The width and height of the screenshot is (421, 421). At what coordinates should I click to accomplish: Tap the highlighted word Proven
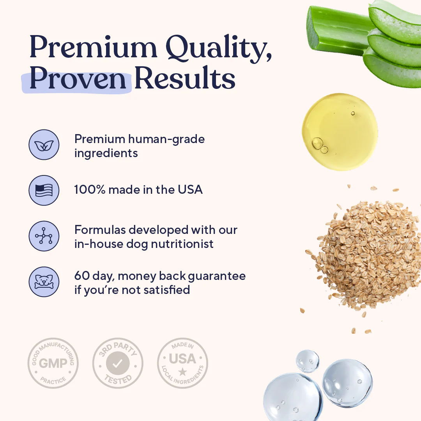78,80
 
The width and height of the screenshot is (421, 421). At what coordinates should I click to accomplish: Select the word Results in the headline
185,80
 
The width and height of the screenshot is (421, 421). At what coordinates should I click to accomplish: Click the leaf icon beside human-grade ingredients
44,145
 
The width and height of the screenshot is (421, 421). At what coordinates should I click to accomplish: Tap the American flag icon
44,191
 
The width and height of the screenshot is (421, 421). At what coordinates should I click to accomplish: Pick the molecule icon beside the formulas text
44,236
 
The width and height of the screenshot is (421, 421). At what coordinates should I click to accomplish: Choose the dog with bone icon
44,281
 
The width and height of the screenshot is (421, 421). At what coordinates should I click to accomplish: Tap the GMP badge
53,363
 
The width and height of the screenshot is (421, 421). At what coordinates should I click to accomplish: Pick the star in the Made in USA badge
182,371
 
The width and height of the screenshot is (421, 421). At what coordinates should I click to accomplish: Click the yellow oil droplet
339,131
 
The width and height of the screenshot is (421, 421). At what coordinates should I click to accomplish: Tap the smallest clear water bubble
308,361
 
